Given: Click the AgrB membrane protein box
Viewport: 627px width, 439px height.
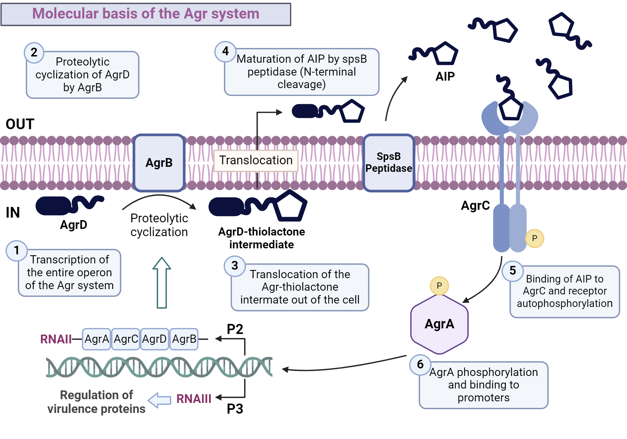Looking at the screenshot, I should [159, 163].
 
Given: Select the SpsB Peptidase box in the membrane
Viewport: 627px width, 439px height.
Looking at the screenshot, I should [388, 163].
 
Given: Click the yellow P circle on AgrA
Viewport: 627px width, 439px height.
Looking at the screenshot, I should [439, 286].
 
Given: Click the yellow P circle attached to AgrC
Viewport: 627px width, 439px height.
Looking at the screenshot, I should [535, 238].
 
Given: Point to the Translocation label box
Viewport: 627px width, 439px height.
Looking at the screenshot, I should [256, 161].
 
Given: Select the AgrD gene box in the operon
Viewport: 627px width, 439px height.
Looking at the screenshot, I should [155, 339].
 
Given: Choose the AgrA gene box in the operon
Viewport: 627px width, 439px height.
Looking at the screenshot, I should [97, 339].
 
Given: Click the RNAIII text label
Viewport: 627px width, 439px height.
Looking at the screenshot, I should [194, 399].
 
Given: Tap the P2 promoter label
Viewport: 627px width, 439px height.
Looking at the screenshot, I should [235, 329].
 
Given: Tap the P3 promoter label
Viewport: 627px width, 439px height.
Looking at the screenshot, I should [235, 409].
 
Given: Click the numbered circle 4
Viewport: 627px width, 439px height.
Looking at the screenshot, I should [225, 51].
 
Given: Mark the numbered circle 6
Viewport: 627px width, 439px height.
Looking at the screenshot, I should [420, 364].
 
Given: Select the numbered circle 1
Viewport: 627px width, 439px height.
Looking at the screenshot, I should [17, 251].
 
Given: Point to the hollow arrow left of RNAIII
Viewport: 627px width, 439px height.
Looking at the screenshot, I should [160, 400].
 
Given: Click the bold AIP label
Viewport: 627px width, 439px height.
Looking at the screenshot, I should [445, 77].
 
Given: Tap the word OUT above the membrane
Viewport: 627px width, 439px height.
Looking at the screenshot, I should [20, 124].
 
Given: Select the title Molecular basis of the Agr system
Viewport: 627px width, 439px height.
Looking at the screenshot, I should [146, 14].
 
